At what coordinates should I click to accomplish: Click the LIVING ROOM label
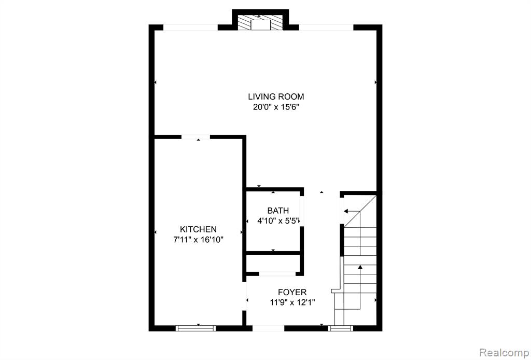point(276,96)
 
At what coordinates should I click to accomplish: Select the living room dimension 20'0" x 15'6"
point(276,107)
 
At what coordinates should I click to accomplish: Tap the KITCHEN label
point(198,229)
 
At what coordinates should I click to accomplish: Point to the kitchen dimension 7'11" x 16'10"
point(198,240)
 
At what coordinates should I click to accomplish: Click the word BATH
point(273,211)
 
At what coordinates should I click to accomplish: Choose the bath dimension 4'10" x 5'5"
point(278,221)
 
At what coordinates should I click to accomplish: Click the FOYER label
point(292,292)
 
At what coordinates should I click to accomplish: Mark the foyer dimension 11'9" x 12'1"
point(292,302)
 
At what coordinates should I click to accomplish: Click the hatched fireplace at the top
point(260,22)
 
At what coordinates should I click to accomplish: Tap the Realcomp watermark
point(504,353)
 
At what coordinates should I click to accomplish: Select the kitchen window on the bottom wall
point(195,328)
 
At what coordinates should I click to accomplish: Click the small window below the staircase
point(341,328)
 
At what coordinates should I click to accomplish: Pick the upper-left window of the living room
point(190,27)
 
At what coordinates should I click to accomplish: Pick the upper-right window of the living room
point(326,27)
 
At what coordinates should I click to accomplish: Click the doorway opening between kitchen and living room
point(195,137)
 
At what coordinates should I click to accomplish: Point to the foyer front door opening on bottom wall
point(268,328)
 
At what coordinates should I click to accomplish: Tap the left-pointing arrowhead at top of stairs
point(346,211)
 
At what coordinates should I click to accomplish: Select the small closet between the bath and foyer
point(273,263)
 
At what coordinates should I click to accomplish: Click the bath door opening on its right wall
point(302,211)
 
